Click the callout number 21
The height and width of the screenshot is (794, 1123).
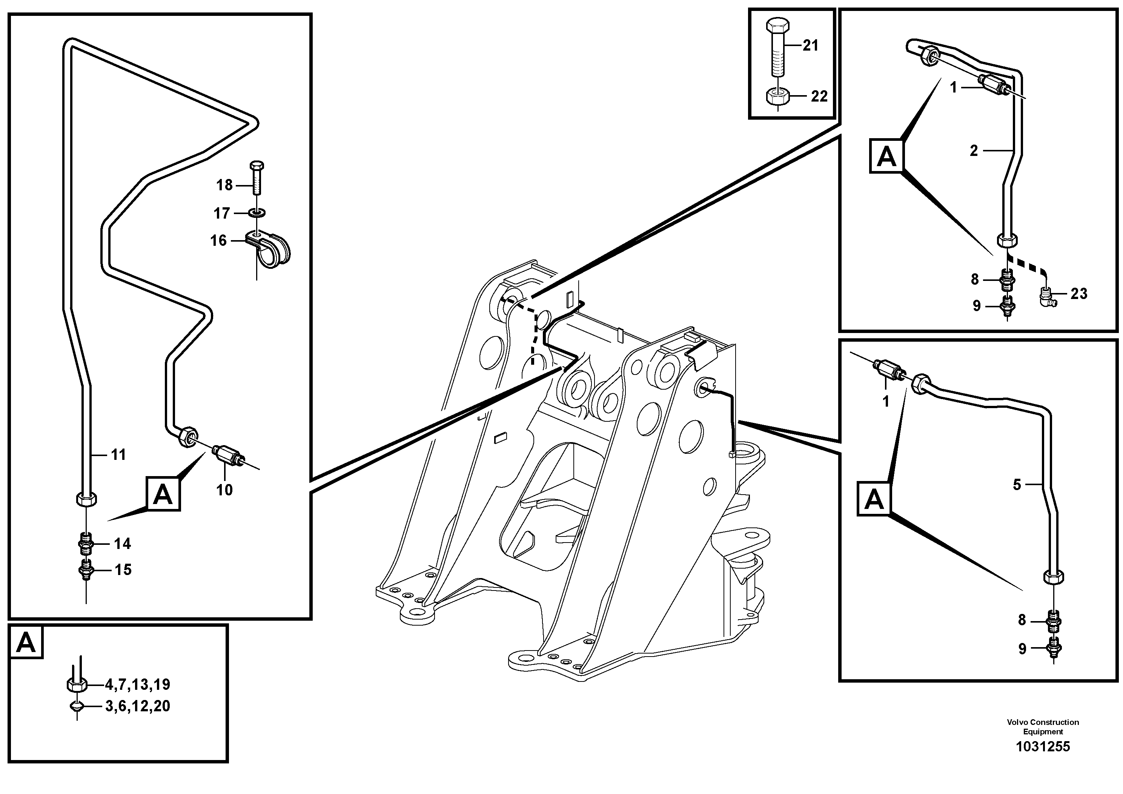tap(810, 46)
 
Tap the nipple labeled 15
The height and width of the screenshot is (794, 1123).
tap(86, 570)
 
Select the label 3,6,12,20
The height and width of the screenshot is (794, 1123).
tap(137, 706)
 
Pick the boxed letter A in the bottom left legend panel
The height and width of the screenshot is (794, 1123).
tap(26, 643)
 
